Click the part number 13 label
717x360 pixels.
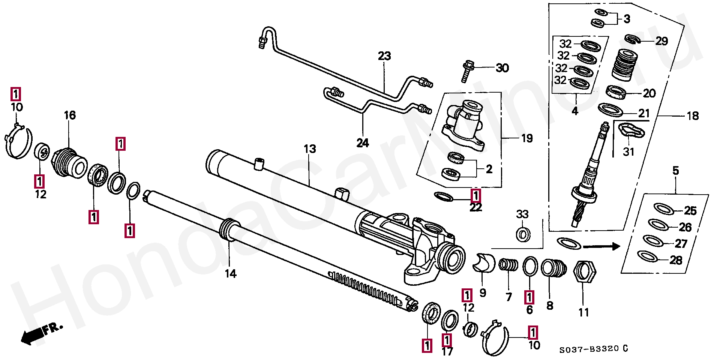pos(310,149)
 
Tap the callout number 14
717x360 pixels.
pos(231,274)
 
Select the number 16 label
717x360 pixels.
pos(70,115)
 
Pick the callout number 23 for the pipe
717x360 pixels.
pos(384,56)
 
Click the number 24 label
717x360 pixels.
pos(363,143)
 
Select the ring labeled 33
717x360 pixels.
pos(523,235)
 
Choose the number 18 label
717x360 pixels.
pos(693,116)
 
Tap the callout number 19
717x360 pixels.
pos(527,138)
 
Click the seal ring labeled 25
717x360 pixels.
pos(663,208)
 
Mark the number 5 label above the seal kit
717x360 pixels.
pos(675,171)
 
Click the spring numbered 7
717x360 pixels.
pos(508,264)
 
